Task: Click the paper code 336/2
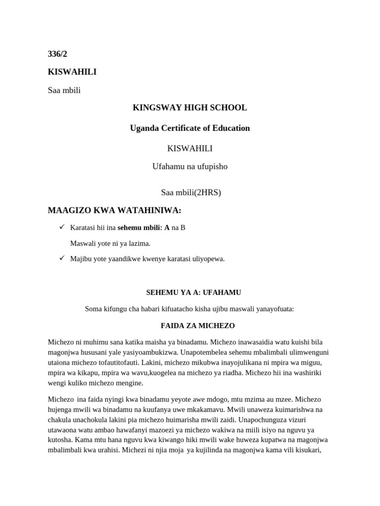click(57, 54)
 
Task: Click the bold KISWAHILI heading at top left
click(72, 72)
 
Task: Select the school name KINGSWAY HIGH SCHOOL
click(190, 108)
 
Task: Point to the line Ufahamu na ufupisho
click(190, 167)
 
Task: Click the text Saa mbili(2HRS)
click(190, 193)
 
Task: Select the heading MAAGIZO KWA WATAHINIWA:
click(114, 211)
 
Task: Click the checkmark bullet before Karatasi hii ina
click(62, 227)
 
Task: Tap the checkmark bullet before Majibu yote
click(62, 258)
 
